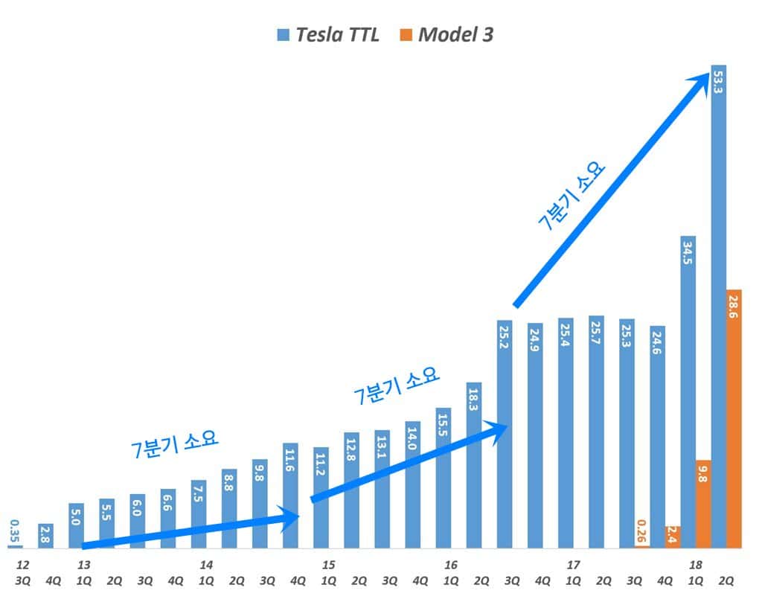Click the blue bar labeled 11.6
[290, 495]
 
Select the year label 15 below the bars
[328, 566]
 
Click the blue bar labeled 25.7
[596, 432]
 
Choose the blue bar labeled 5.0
[76, 525]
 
